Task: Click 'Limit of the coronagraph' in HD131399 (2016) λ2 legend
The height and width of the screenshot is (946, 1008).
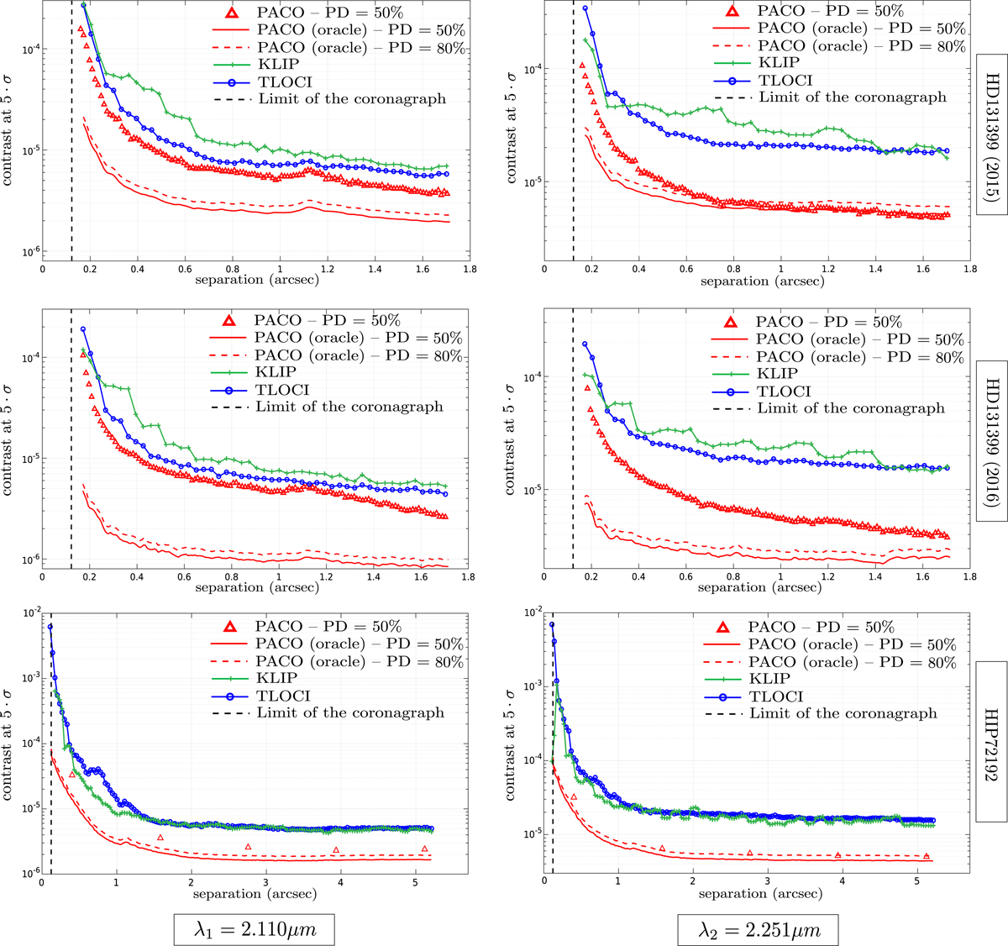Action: coord(851,408)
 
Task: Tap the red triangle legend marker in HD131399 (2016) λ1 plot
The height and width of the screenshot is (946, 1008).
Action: coord(230,322)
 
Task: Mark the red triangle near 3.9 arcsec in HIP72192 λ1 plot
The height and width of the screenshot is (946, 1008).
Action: coord(336,850)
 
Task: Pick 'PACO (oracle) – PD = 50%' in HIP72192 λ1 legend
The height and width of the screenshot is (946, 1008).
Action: coord(360,644)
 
